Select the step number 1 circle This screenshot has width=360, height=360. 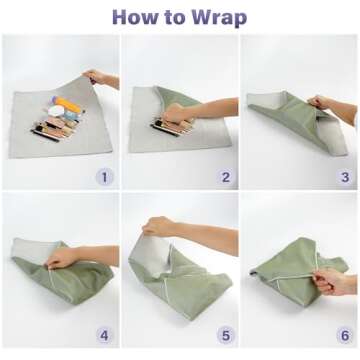pyautogui.click(x=102, y=177)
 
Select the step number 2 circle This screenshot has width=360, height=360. pyautogui.click(x=224, y=177)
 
